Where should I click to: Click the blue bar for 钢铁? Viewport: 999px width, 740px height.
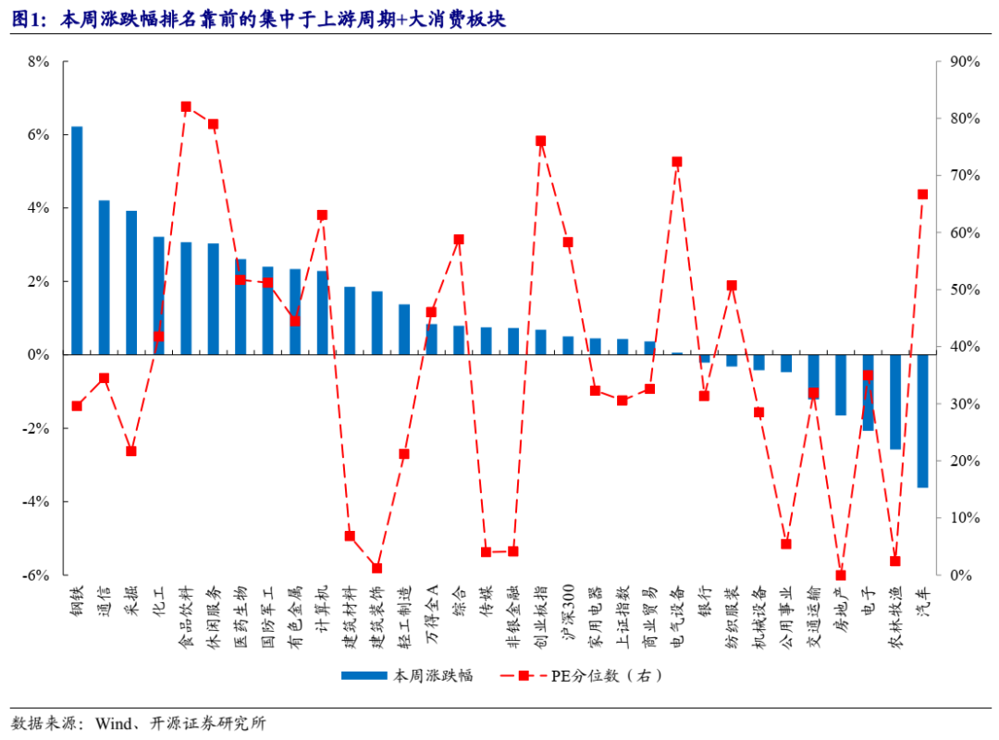[x=77, y=240]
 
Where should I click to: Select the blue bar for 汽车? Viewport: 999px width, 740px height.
[x=922, y=421]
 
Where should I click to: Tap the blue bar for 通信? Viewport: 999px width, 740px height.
[x=105, y=277]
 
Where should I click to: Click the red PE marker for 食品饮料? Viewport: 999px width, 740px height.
[x=186, y=106]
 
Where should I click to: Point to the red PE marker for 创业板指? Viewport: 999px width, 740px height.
[x=540, y=141]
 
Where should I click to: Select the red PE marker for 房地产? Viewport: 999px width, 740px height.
[x=841, y=575]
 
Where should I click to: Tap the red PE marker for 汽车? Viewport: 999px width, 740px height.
[x=922, y=194]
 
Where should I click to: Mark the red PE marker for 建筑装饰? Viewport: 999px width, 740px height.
[x=376, y=568]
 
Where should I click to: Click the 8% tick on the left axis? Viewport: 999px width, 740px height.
[x=38, y=62]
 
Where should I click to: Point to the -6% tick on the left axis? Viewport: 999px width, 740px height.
[x=36, y=575]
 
